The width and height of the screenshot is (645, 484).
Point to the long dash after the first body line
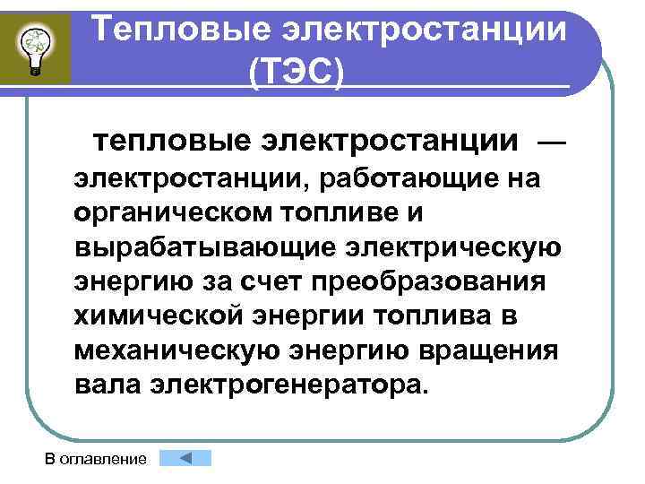pyautogui.click(x=551, y=141)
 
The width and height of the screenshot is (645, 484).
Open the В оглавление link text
pyautogui.click(x=96, y=460)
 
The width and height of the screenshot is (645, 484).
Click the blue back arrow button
pyautogui.click(x=185, y=458)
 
